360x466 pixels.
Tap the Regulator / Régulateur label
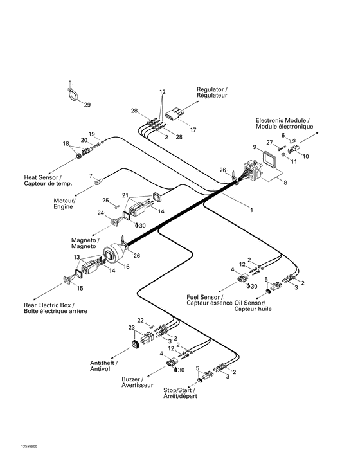point(212,91)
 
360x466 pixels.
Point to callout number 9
point(255,147)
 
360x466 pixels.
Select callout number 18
point(66,143)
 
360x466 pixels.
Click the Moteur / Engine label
point(64,203)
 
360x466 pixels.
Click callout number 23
point(131,327)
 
